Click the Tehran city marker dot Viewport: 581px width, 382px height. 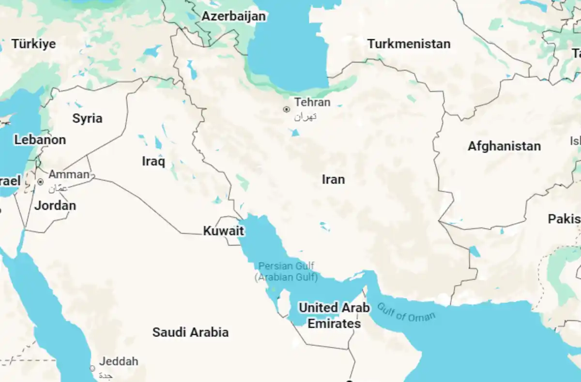tap(286, 109)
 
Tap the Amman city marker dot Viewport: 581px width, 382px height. tap(41, 182)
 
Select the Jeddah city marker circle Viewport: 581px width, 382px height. tap(92, 368)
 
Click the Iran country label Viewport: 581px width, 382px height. tap(333, 180)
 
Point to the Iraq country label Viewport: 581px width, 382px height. tap(153, 161)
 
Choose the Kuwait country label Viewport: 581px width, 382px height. tap(223, 231)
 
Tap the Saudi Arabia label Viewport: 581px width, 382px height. tap(190, 332)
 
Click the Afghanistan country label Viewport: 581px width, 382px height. tap(504, 146)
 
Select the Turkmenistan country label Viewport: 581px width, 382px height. tap(409, 44)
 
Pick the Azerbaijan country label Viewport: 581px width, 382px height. tap(233, 16)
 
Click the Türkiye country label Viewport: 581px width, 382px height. tap(34, 44)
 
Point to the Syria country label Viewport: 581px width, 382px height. tap(87, 118)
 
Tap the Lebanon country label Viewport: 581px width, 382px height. tap(40, 140)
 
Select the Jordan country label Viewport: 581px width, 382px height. tap(55, 205)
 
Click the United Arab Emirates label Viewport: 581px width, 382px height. tap(334, 315)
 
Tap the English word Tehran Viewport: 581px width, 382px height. tap(312, 102)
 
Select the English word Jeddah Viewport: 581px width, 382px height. tap(119, 361)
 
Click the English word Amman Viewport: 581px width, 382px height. tap(69, 174)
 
